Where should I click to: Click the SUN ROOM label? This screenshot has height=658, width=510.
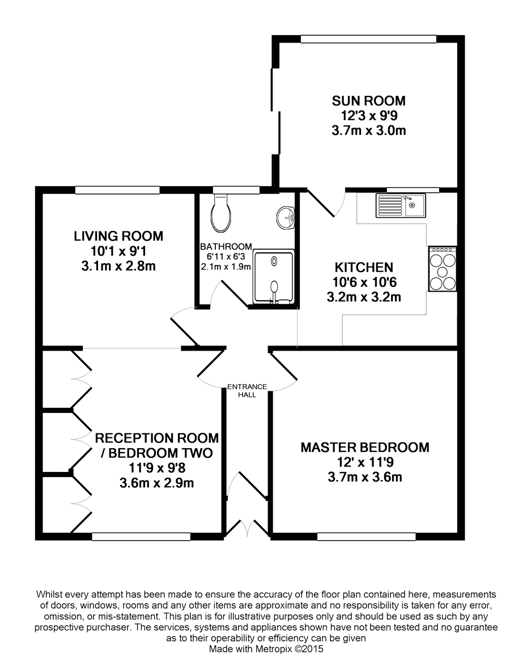click(369, 101)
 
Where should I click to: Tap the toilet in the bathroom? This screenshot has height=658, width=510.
click(221, 213)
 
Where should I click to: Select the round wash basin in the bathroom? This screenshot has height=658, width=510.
click(286, 218)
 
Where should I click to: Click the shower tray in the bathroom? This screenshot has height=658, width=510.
click(274, 277)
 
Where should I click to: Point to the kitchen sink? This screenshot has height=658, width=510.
click(401, 205)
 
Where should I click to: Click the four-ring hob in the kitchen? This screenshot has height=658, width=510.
click(442, 268)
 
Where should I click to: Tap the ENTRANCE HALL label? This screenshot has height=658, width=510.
click(247, 391)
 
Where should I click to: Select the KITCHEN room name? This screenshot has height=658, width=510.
click(364, 267)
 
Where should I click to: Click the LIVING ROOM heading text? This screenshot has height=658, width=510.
click(118, 237)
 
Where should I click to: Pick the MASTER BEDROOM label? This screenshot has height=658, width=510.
click(365, 448)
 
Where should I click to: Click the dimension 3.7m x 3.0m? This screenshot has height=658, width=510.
click(369, 130)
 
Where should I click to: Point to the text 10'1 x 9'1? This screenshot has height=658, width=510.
click(118, 251)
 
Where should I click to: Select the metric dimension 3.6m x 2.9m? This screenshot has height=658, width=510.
click(157, 483)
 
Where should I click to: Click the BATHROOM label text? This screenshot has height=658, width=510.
click(226, 247)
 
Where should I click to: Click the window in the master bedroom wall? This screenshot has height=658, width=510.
click(366, 536)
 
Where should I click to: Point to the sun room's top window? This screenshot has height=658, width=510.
click(368, 39)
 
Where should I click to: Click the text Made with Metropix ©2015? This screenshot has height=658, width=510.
click(266, 649)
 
